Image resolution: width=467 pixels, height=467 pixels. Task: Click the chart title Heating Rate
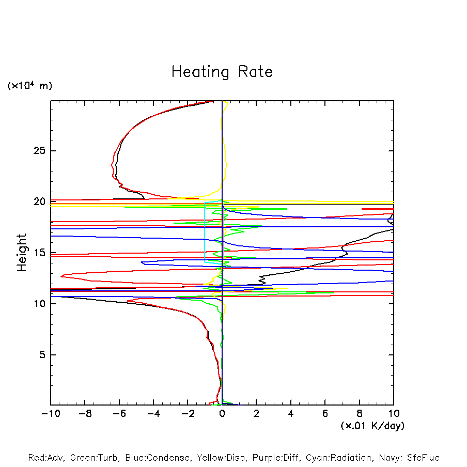222,72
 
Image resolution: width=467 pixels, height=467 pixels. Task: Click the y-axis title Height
22,253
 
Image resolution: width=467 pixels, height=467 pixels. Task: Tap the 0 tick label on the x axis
222,414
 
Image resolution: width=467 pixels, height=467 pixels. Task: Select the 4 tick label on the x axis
291,414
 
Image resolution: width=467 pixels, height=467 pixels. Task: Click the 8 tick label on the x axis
360,414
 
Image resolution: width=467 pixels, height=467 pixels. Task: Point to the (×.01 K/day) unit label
372,426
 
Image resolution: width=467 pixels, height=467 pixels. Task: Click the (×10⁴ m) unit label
29,86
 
